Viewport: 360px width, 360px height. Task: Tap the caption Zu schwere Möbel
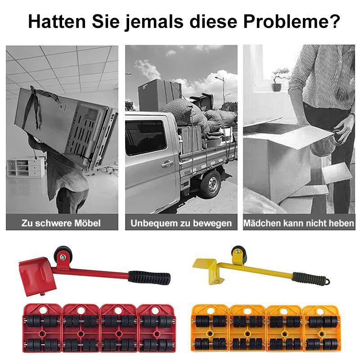coord(61,223)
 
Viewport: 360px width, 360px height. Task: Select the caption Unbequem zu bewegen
coord(181,223)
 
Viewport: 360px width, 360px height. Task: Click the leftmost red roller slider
coord(40,327)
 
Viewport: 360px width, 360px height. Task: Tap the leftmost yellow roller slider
coord(210,327)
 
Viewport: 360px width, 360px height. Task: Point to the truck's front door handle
coord(167,164)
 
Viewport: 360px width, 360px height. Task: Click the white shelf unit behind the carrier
coord(27,167)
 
